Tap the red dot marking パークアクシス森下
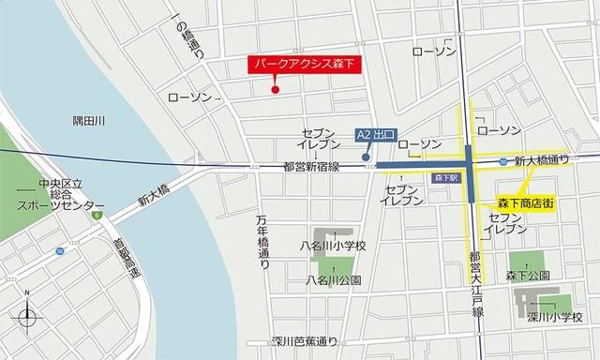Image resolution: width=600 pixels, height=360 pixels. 275,90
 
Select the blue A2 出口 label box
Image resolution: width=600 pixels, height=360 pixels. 377,135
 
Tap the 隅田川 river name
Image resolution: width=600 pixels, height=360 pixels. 89,120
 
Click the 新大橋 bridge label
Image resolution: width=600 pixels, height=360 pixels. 152,196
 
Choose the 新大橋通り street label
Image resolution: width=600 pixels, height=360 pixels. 541,160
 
